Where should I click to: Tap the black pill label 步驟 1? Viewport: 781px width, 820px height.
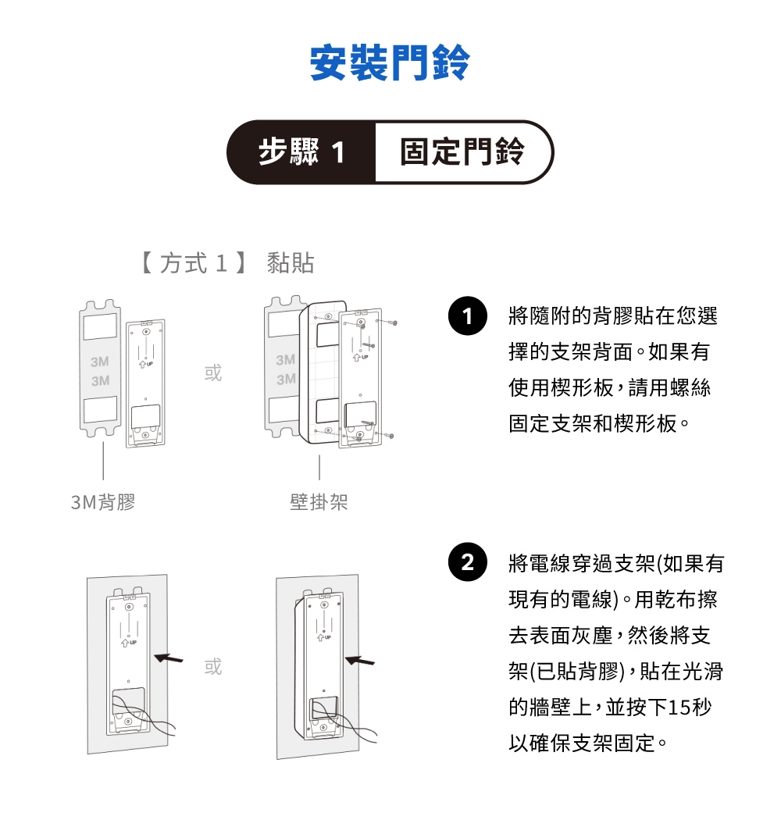click(301, 152)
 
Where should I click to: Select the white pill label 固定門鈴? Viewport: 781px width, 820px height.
click(462, 152)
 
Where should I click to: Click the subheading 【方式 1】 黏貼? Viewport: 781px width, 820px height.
click(226, 264)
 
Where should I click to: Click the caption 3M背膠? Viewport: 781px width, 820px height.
click(103, 502)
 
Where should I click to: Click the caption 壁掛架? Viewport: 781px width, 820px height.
click(319, 502)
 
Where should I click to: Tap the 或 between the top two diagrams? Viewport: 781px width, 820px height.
click(212, 373)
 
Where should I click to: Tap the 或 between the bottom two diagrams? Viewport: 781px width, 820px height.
click(212, 666)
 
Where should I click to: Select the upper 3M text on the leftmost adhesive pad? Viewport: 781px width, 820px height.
click(100, 362)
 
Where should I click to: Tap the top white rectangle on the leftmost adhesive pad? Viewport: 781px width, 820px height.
click(101, 327)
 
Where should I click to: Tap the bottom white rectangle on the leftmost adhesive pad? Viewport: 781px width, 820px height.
click(101, 409)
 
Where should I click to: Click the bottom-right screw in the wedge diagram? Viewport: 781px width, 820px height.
click(390, 435)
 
